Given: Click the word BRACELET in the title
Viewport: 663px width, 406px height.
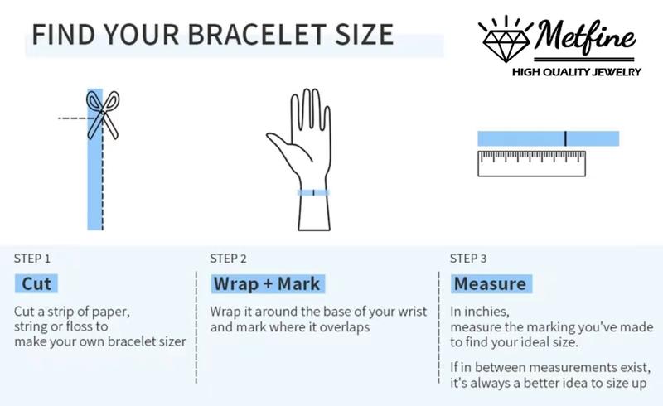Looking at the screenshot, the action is tap(257, 34).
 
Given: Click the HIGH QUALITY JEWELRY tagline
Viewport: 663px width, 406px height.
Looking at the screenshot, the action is tap(577, 72).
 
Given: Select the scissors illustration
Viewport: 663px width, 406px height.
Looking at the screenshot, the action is tap(103, 115).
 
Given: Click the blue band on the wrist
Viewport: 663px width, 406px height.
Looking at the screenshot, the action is tap(313, 193).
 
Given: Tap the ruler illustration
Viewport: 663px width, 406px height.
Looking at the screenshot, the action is tap(531, 163).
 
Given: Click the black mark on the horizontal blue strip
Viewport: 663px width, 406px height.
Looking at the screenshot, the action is tap(565, 138).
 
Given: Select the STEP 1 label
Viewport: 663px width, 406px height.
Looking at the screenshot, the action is tap(32, 259).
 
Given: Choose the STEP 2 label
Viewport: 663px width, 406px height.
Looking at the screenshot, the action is tap(229, 259).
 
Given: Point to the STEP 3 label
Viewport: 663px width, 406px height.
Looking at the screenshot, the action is tap(468, 259).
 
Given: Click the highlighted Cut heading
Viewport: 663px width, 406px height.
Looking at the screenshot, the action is tap(36, 283).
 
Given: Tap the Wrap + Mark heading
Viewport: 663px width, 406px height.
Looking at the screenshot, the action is tap(267, 283).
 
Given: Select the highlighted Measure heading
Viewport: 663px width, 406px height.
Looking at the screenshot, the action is tap(491, 283).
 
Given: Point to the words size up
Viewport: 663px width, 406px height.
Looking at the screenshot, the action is tap(627, 384).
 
